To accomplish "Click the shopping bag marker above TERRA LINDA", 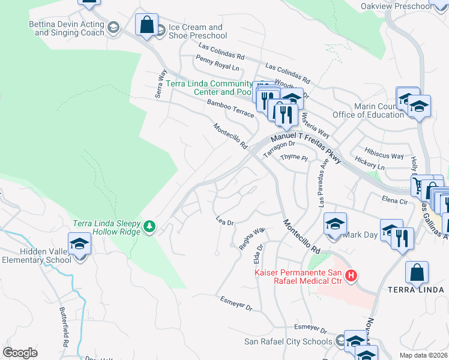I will [x=417, y=273].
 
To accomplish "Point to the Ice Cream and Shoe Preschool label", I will [x=195, y=31].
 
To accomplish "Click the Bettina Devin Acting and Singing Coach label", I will [x=66, y=29].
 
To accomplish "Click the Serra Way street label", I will [x=160, y=83].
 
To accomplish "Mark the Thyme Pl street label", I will [x=294, y=158].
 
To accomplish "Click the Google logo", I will [x=20, y=352].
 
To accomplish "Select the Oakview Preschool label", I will [x=396, y=7].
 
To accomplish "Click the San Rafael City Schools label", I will [x=288, y=341].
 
